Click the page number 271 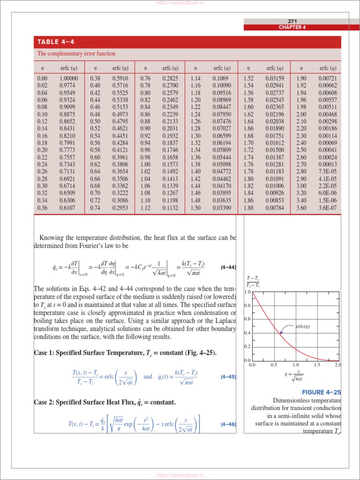[292, 21]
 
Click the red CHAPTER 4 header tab [292, 27]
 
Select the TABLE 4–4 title [56, 42]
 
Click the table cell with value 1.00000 [68, 79]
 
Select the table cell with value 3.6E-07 [327, 208]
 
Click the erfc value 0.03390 [222, 208]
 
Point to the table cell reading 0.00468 [327, 114]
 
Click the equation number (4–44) [227, 268]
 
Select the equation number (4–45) [227, 376]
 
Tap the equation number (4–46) [227, 425]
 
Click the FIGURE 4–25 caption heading [321, 392]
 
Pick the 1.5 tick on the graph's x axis [317, 365]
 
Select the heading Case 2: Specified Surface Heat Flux [105, 403]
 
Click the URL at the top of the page [180, 3]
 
